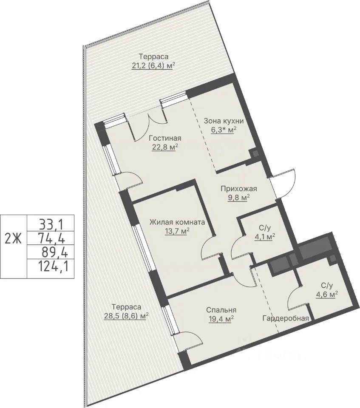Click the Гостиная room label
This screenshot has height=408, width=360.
(165, 138)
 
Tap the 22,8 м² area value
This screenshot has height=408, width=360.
(165, 147)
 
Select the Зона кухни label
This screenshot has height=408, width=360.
(224, 121)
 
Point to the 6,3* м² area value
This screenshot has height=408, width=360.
(224, 130)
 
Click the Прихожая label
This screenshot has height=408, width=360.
(239, 189)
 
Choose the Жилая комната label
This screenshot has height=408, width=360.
(177, 222)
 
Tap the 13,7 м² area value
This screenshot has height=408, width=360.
(177, 231)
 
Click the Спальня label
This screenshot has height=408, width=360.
(221, 310)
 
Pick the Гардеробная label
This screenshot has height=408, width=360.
(286, 318)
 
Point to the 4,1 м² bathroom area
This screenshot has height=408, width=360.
(265, 237)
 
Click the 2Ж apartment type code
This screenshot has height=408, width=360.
(13, 238)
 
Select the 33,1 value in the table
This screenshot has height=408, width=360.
(51, 224)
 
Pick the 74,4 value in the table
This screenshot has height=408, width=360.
(51, 238)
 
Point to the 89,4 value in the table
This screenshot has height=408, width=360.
(54, 252)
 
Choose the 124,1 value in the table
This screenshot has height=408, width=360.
(54, 266)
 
